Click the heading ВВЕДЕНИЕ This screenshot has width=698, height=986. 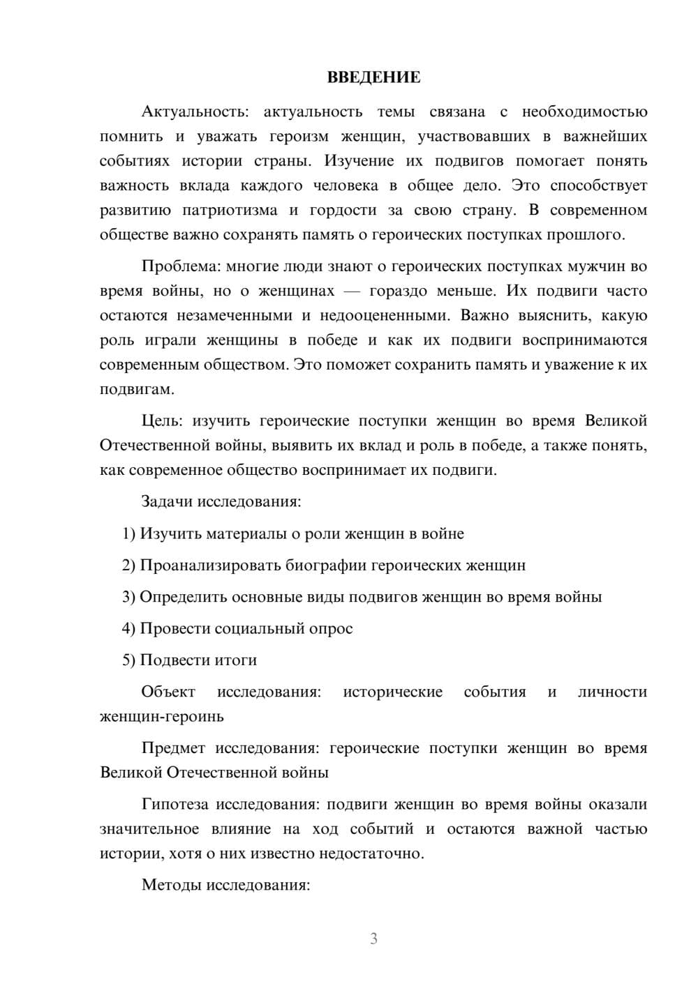point(373,77)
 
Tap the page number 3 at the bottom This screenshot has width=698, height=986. point(373,939)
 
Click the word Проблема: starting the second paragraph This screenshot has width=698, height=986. point(174,266)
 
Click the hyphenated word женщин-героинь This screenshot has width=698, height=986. point(162,716)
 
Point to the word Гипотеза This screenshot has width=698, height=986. point(174,804)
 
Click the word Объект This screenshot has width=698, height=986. point(168,692)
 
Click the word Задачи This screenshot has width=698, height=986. point(167,501)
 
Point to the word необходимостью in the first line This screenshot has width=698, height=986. point(584,112)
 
